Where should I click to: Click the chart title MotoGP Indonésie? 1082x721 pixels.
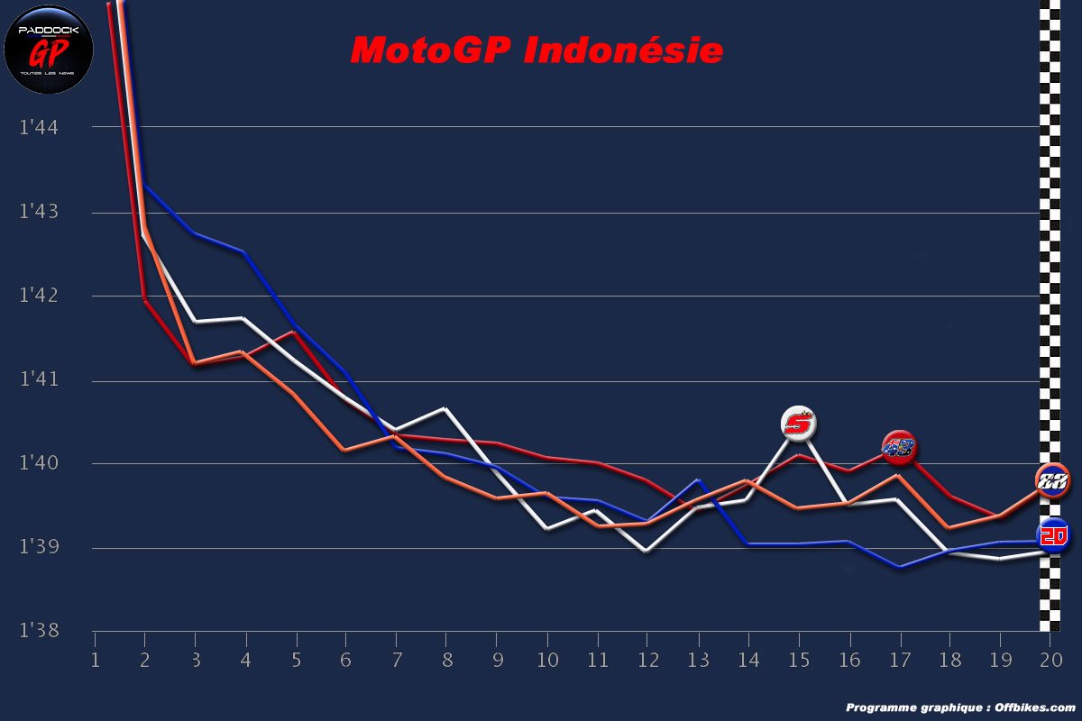[536, 50]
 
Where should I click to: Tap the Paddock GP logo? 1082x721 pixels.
[49, 49]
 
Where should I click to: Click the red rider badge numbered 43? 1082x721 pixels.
[898, 447]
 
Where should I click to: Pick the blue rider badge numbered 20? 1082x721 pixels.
[1053, 535]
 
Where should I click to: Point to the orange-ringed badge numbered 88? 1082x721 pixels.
[1052, 480]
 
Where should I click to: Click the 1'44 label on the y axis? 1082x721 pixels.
[38, 127]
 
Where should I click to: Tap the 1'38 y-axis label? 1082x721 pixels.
[38, 631]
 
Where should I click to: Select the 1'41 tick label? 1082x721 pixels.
[38, 380]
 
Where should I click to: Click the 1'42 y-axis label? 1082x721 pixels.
[38, 296]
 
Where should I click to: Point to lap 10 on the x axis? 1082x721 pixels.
[546, 661]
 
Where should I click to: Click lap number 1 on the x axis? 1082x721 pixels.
[95, 661]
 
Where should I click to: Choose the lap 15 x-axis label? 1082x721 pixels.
[797, 661]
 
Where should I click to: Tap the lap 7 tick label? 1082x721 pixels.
[396, 661]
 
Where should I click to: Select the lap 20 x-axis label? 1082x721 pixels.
[1049, 661]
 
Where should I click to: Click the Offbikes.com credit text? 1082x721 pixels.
[960, 707]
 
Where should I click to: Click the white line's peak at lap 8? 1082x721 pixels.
[445, 409]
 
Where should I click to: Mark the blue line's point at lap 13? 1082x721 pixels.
[697, 480]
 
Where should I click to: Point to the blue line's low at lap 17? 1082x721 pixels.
[898, 567]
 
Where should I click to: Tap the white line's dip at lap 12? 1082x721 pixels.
[646, 551]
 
